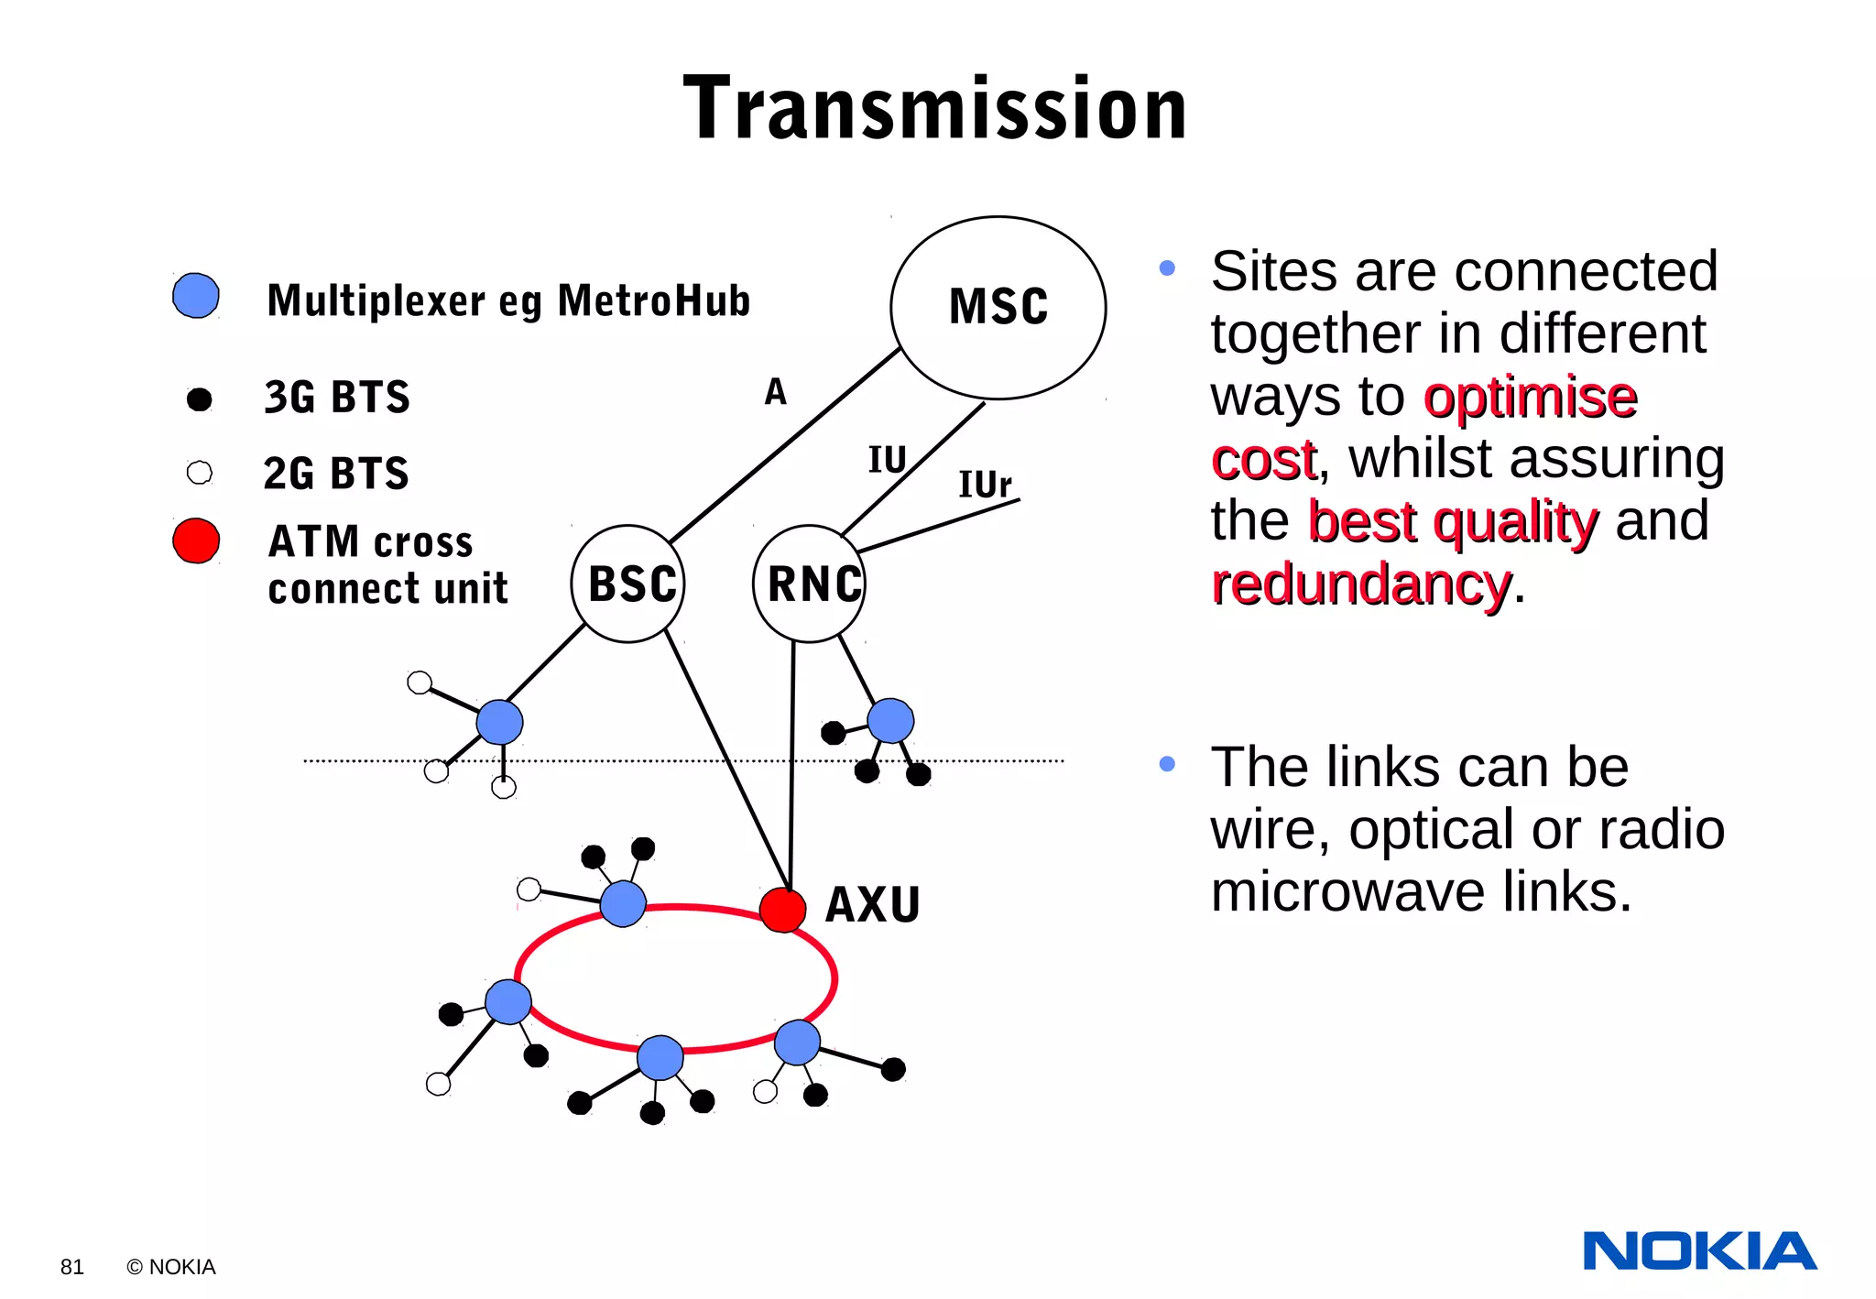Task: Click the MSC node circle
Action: (998, 308)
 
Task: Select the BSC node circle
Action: (628, 584)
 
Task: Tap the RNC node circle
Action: (810, 584)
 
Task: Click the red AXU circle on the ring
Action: (782, 910)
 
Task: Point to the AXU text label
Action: (872, 905)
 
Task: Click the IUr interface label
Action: (985, 485)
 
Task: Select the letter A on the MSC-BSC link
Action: (775, 392)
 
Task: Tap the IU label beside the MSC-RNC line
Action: (887, 460)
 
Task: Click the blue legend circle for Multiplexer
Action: (196, 296)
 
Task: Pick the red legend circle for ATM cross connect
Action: (196, 540)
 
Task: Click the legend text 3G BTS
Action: (337, 398)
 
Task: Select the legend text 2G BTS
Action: (336, 474)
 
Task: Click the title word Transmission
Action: (935, 109)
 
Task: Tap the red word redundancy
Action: (1361, 584)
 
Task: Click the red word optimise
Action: (1530, 398)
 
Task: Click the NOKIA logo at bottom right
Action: (1699, 1251)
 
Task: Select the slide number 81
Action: (72, 1267)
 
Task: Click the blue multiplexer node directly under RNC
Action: (890, 720)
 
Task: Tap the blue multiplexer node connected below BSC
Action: (500, 722)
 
